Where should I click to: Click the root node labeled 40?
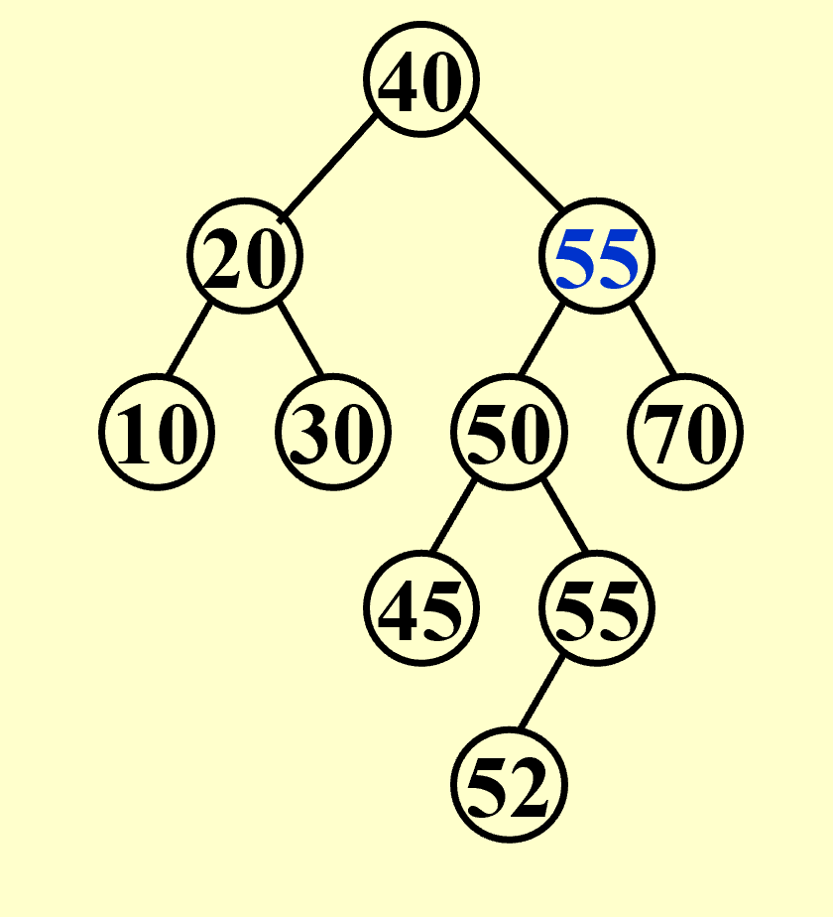click(x=421, y=81)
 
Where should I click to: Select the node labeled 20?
click(x=245, y=257)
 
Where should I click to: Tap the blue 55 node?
click(x=597, y=257)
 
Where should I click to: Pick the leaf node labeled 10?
click(x=157, y=433)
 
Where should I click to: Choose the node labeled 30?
click(x=333, y=433)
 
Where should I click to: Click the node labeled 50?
click(x=509, y=433)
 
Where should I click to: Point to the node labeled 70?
click(x=685, y=433)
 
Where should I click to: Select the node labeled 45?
click(x=421, y=608)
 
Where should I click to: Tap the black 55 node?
click(x=597, y=608)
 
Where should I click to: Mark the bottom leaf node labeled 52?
click(x=509, y=784)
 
